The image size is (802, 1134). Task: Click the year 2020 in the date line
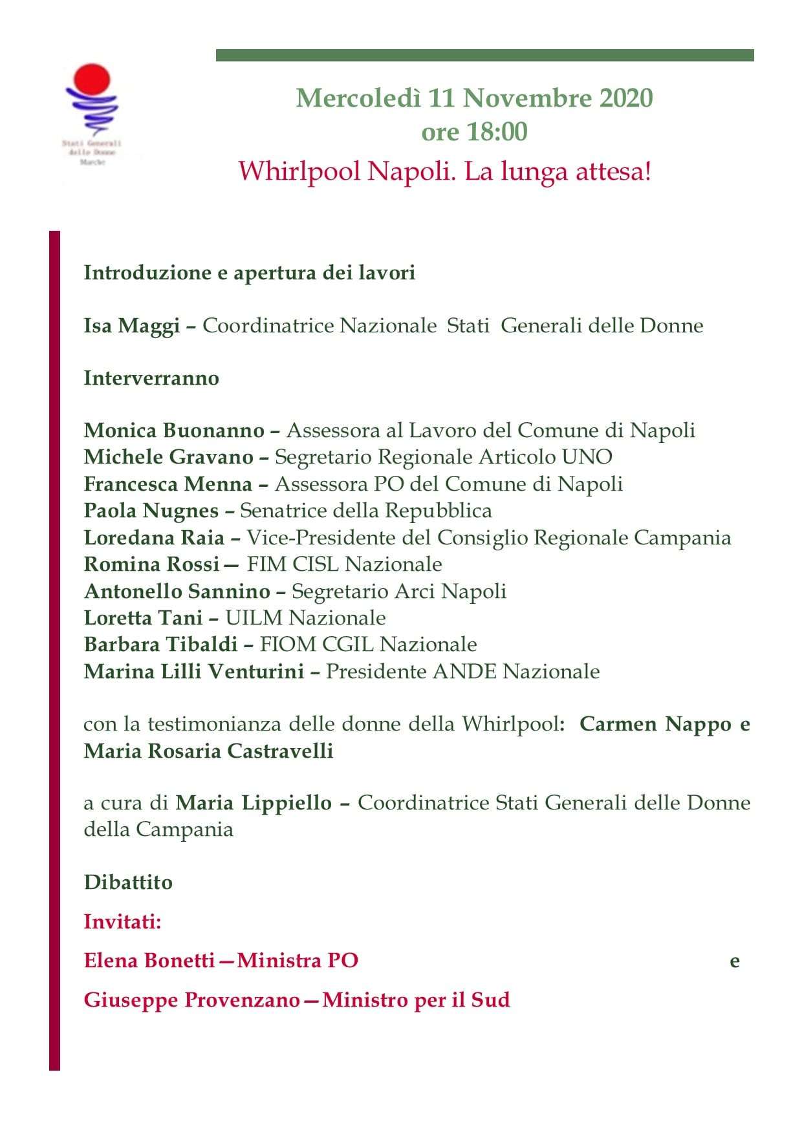(626, 98)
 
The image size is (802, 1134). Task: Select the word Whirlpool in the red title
(299, 172)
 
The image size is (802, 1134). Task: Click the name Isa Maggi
(131, 326)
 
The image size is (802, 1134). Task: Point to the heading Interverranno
(151, 378)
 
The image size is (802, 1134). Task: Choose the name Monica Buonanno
(174, 431)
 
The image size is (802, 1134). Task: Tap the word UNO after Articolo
(587, 457)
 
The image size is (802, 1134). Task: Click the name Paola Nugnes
(151, 511)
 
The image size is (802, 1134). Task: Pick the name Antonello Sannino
(177, 592)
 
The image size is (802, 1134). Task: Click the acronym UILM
(254, 618)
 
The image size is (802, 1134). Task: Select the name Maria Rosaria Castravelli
(208, 751)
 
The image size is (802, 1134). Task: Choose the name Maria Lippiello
(254, 803)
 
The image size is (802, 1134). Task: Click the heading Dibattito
(128, 883)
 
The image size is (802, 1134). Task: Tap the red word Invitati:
(122, 921)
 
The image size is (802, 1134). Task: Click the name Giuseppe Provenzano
(191, 1000)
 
